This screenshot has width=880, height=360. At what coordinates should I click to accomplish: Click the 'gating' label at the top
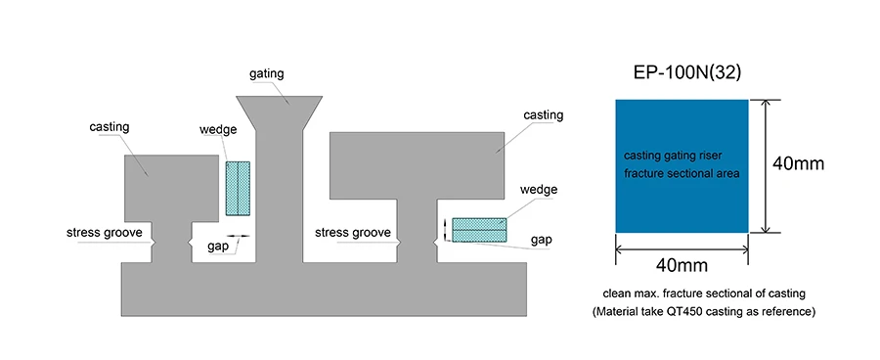(267, 73)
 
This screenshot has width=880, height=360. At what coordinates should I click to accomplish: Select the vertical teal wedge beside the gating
(238, 188)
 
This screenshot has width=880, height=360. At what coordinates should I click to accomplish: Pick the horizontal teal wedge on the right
(479, 230)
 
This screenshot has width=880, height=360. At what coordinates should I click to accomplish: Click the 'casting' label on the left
(109, 126)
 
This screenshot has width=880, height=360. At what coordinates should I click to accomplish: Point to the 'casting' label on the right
(544, 115)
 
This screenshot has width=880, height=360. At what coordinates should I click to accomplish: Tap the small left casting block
(171, 188)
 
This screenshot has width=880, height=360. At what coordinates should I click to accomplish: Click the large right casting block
(417, 165)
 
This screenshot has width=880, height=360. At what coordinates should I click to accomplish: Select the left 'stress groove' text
(105, 233)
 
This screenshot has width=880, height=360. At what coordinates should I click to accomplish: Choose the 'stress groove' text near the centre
(352, 233)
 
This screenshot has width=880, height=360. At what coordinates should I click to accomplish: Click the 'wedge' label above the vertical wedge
(218, 130)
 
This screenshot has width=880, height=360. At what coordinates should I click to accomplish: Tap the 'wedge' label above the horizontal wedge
(539, 189)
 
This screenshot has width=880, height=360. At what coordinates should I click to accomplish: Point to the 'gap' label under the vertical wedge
(217, 247)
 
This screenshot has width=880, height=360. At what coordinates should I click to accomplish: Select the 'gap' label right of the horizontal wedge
(541, 241)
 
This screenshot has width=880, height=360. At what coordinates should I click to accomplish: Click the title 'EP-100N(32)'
(687, 72)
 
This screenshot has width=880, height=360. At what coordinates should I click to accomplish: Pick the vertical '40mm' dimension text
(798, 163)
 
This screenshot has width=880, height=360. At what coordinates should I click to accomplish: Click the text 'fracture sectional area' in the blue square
(682, 174)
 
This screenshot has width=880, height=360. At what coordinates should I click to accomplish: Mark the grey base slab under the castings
(324, 290)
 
